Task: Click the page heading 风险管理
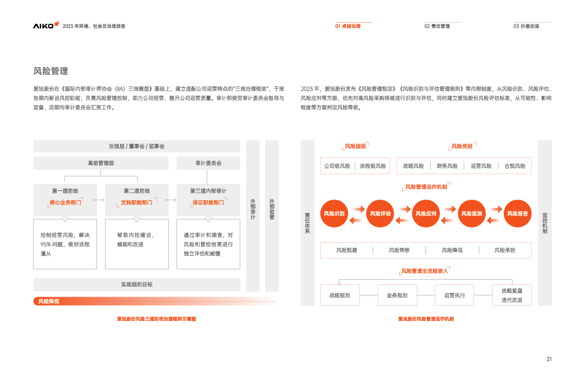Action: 51,71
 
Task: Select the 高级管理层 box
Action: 101,163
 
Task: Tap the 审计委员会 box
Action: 208,163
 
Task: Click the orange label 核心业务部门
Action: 65,203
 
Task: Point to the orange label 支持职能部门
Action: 136,203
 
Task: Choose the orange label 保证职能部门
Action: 208,203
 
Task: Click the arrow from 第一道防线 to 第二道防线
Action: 100,200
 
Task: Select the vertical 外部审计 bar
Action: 253,215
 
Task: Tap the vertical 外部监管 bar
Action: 272,215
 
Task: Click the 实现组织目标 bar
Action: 137,284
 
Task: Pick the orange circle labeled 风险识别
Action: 334,214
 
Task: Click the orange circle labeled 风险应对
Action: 425,214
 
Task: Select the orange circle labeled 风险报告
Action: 518,214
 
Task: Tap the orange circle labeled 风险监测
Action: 472,214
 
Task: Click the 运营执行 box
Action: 454,295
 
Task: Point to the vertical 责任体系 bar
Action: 308,222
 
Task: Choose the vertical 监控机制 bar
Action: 544,222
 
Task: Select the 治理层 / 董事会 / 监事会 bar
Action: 137,146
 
